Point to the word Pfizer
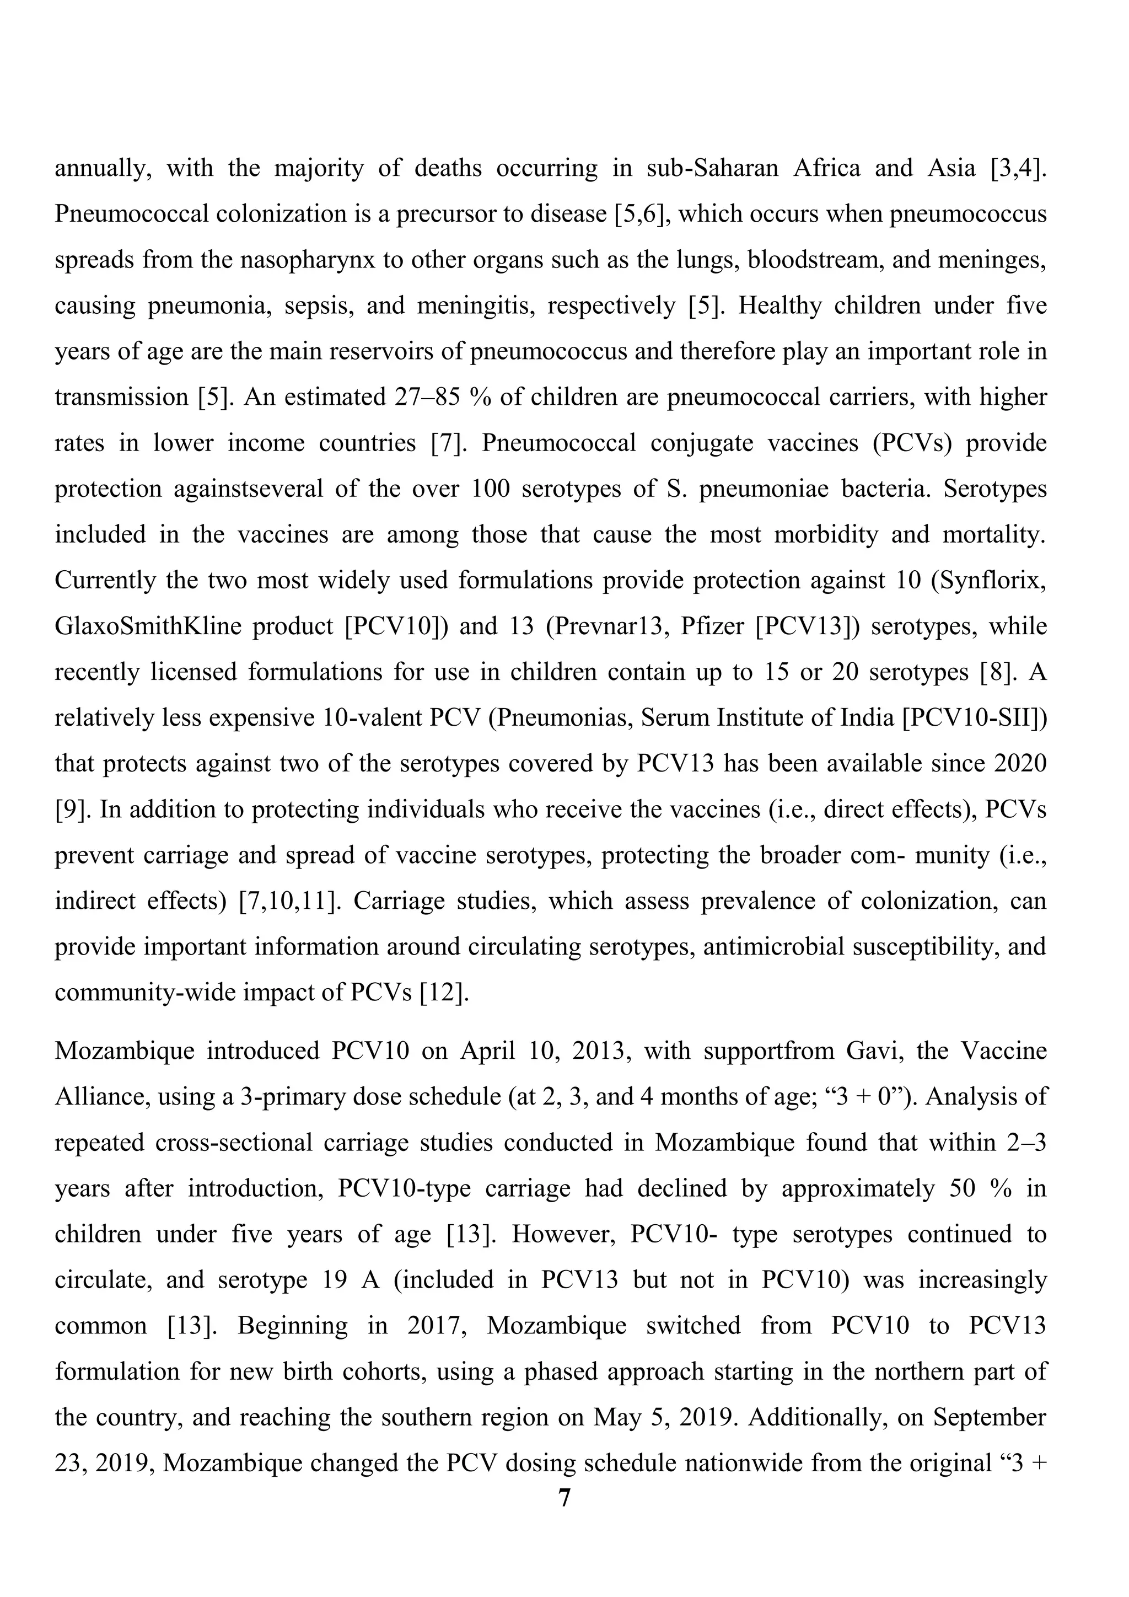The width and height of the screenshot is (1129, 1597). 711,626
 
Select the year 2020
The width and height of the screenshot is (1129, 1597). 1020,764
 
